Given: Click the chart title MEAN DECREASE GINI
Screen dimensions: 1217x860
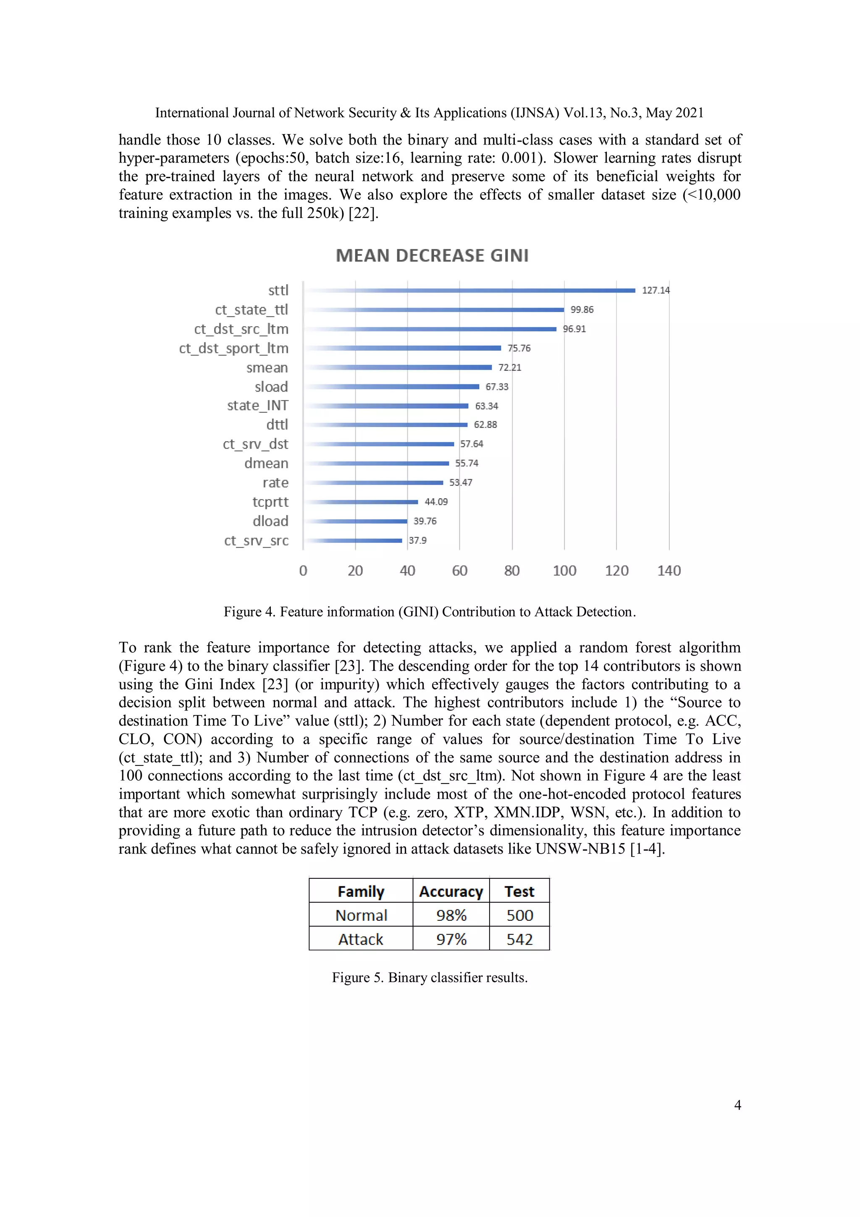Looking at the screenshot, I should (432, 255).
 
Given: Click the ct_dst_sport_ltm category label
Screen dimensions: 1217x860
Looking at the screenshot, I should (233, 348).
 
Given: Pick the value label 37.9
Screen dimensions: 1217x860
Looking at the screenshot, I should (417, 541).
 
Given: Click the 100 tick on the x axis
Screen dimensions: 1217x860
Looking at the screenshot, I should (564, 571).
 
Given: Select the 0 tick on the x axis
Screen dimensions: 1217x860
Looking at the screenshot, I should (303, 571).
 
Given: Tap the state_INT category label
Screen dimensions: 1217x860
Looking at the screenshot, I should (257, 405).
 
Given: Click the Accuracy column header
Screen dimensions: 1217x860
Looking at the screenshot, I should (451, 891).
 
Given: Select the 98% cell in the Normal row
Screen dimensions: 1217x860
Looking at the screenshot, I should (451, 915).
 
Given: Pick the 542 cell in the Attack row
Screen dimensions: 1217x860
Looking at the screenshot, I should (519, 939).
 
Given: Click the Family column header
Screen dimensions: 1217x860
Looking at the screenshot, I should (361, 891).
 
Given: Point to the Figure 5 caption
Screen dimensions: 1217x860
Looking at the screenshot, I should (430, 978).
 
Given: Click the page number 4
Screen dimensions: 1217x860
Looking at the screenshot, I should (737, 1105).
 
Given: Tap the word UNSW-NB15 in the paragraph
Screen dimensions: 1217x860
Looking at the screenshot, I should (580, 849).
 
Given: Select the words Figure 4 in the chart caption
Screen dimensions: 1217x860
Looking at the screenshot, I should (249, 612).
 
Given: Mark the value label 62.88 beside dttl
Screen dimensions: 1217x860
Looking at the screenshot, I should (485, 425).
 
